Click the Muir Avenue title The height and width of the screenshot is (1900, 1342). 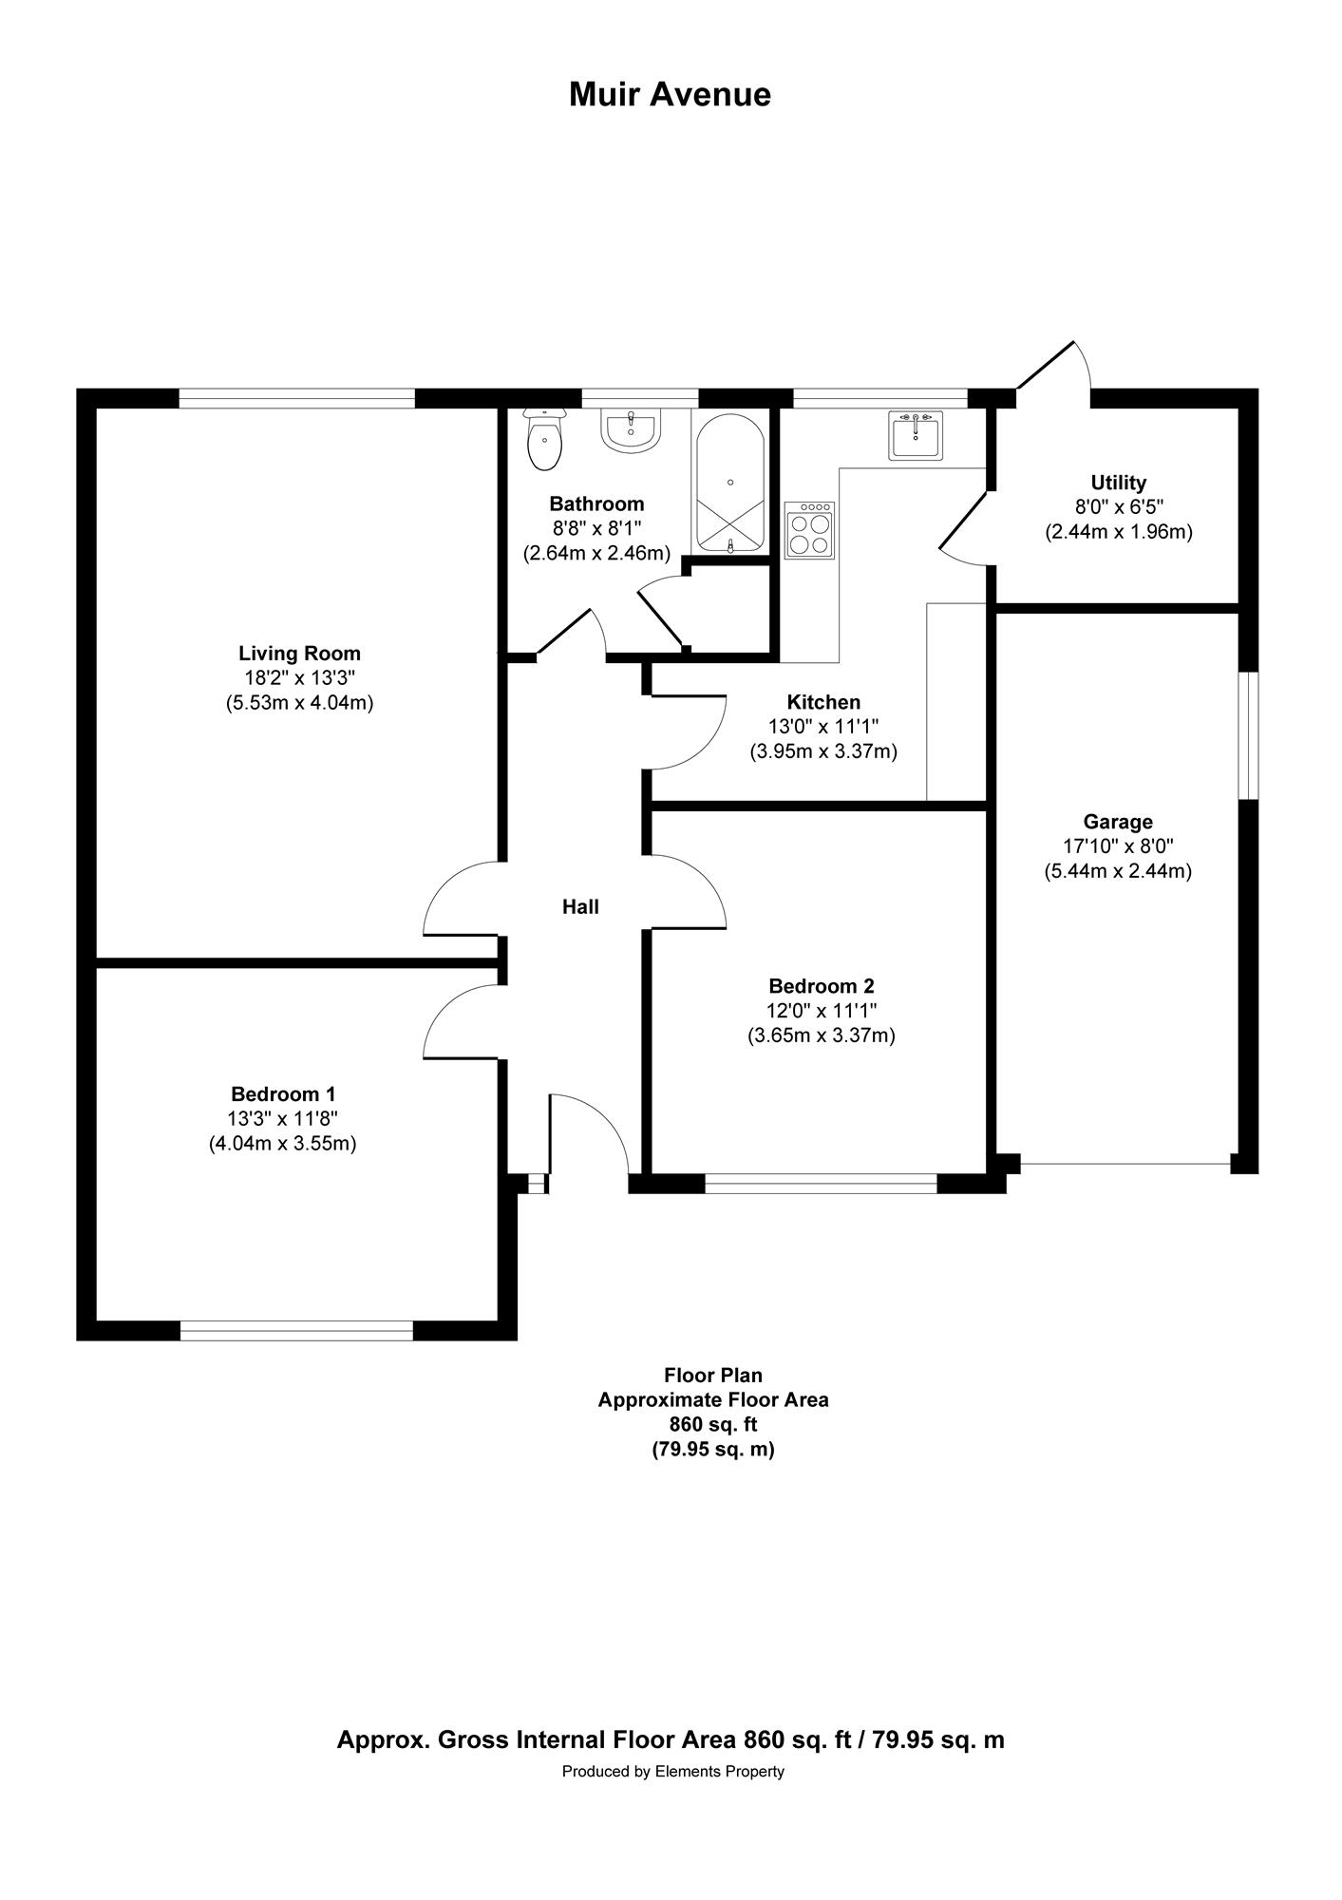click(x=670, y=94)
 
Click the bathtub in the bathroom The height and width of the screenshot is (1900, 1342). click(x=729, y=483)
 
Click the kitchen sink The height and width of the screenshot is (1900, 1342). click(x=917, y=435)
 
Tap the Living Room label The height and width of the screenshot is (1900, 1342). click(x=299, y=654)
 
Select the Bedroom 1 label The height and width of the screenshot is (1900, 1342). click(x=283, y=1094)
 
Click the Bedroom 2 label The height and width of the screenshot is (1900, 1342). click(x=822, y=986)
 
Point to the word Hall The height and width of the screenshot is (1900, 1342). click(x=580, y=907)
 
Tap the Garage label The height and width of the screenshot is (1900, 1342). click(x=1118, y=822)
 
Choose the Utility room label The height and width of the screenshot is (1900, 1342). click(x=1119, y=483)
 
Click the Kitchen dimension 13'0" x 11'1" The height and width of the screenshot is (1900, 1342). click(x=823, y=727)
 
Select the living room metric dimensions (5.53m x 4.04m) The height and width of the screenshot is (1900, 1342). click(x=299, y=703)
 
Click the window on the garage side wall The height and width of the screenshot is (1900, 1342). click(x=1250, y=735)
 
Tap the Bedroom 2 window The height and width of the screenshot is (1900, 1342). click(x=822, y=1183)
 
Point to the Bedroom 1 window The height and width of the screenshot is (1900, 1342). click(x=296, y=1331)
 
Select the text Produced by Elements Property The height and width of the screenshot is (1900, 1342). click(x=672, y=1771)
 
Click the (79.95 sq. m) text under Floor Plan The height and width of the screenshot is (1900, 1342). click(x=712, y=1450)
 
